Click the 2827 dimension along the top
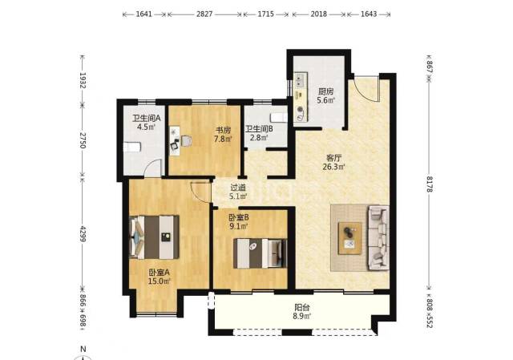[204, 14]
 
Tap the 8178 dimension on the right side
[430, 184]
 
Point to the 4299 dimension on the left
[83, 234]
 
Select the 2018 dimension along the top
[319, 14]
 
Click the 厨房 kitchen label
[325, 92]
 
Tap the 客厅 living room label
[334, 159]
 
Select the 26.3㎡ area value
[334, 167]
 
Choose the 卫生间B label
[259, 129]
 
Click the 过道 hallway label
[238, 188]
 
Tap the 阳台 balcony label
[302, 308]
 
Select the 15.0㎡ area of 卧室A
[160, 281]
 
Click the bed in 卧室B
[260, 253]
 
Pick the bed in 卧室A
[155, 237]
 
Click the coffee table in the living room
[350, 238]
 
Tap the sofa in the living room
[378, 237]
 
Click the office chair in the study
[186, 141]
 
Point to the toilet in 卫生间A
[132, 147]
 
